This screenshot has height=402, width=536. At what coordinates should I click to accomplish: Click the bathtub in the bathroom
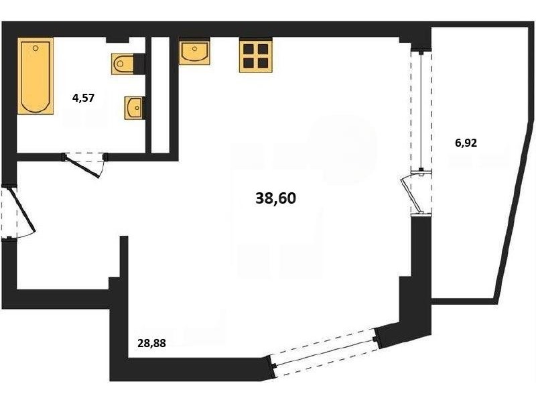36,76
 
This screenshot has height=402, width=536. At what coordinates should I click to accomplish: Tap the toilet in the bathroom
123,64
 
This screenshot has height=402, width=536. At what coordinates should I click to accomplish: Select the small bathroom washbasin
133,108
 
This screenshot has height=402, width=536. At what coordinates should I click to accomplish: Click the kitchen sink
194,52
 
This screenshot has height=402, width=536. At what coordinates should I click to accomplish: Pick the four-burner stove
256,56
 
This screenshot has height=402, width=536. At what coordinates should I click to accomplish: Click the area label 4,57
83,98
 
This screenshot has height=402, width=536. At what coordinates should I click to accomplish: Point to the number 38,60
275,198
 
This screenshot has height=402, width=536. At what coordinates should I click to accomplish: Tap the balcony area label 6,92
466,143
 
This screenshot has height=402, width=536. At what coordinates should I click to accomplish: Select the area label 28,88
151,343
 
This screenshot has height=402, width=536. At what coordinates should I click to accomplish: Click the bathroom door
85,164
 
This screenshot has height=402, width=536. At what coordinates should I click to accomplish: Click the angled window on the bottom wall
325,352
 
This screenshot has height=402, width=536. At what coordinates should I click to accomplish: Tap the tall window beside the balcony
421,111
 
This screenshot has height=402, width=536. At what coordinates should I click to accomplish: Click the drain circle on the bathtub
36,48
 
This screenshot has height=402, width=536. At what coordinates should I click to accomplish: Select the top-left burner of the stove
248,49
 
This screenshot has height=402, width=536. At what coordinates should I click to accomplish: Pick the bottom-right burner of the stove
263,63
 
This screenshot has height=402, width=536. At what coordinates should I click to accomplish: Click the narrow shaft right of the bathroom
160,94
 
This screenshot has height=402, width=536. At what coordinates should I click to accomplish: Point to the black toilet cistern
139,64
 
